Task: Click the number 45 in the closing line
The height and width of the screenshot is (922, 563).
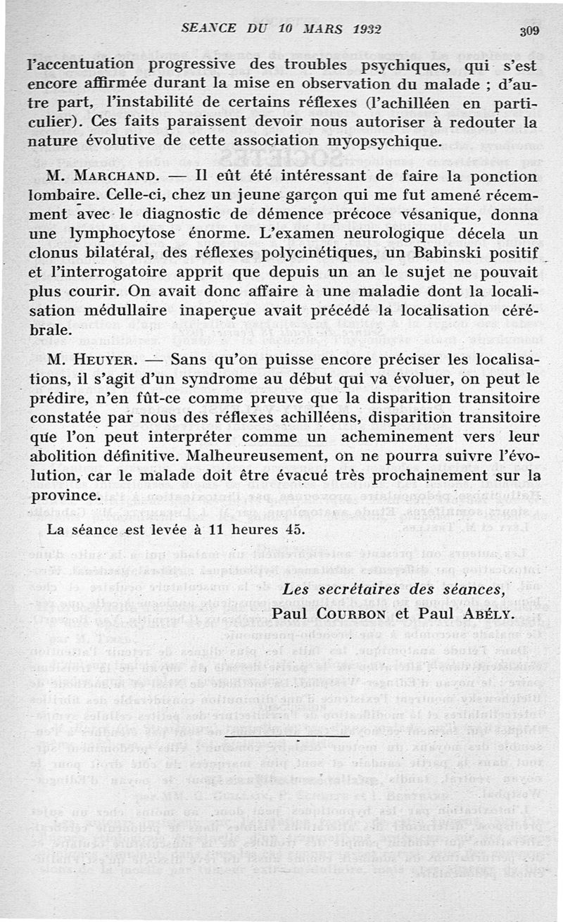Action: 293,529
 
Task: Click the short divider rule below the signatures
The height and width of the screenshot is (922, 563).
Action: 301,742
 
